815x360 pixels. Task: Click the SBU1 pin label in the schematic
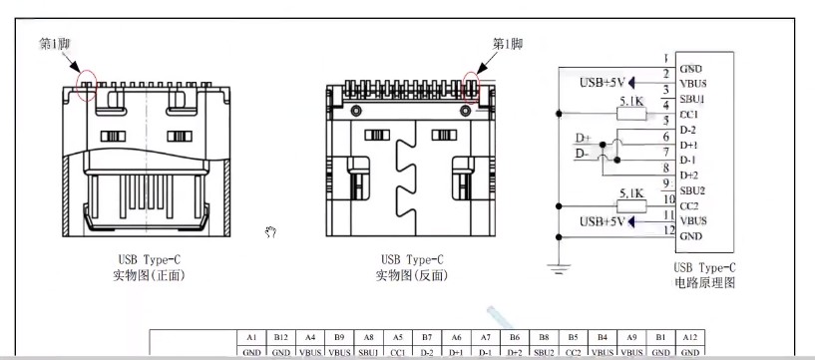(693, 100)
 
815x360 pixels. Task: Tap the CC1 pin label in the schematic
(690, 115)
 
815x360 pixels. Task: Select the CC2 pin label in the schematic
(690, 205)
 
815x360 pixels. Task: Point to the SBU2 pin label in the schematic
(693, 190)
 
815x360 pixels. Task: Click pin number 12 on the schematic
(664, 231)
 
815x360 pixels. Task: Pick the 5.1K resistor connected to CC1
(630, 114)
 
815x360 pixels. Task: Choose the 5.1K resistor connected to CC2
(630, 204)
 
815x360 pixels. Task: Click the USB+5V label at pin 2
(601, 83)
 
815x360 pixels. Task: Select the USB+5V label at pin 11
(601, 220)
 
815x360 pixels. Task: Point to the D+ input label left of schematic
(584, 138)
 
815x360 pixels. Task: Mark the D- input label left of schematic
(583, 154)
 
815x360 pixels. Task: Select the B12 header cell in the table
(280, 337)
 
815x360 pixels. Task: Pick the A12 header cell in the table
(689, 337)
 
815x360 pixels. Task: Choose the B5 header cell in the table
(573, 337)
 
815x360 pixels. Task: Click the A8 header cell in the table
(368, 337)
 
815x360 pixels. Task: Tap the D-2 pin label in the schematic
(688, 130)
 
